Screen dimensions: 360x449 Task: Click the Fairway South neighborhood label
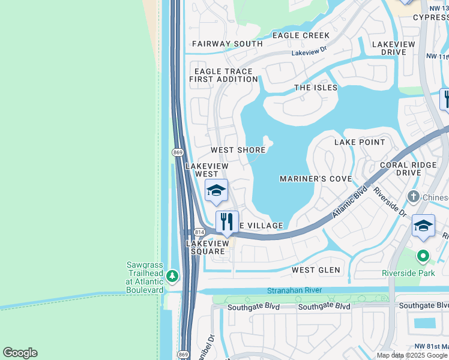pos(227,44)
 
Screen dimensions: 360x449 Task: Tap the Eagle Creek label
pos(301,35)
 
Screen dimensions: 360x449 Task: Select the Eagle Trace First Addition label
pos(223,74)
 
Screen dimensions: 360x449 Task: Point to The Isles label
pos(316,88)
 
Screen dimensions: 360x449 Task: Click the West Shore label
pos(238,150)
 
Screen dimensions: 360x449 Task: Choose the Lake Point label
pos(360,142)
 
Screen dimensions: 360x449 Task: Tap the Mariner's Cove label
pos(315,179)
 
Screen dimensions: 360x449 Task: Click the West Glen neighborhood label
pos(316,270)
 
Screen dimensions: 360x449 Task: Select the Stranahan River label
pos(294,290)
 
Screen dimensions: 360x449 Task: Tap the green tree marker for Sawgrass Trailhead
pos(173,276)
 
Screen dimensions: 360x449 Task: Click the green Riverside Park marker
pos(423,257)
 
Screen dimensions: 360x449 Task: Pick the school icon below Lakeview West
pos(216,191)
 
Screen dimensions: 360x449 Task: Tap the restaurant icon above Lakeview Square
pos(227,222)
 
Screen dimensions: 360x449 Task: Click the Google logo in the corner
pos(20,353)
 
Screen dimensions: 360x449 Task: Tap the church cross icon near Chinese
pos(413,197)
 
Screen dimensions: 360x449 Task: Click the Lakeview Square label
pos(207,247)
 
